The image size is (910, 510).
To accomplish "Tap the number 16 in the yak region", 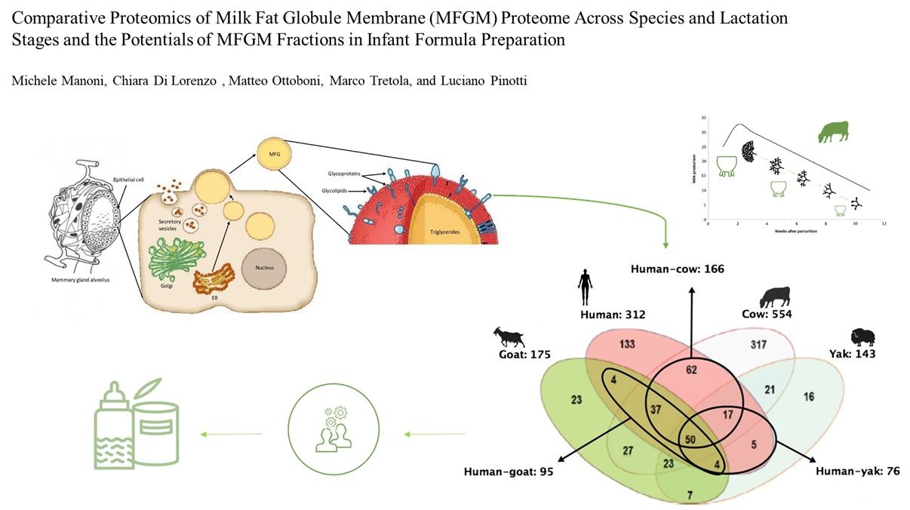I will tap(809, 397).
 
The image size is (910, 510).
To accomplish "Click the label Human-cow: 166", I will tap(677, 268).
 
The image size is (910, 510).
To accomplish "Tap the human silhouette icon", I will tap(585, 289).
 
